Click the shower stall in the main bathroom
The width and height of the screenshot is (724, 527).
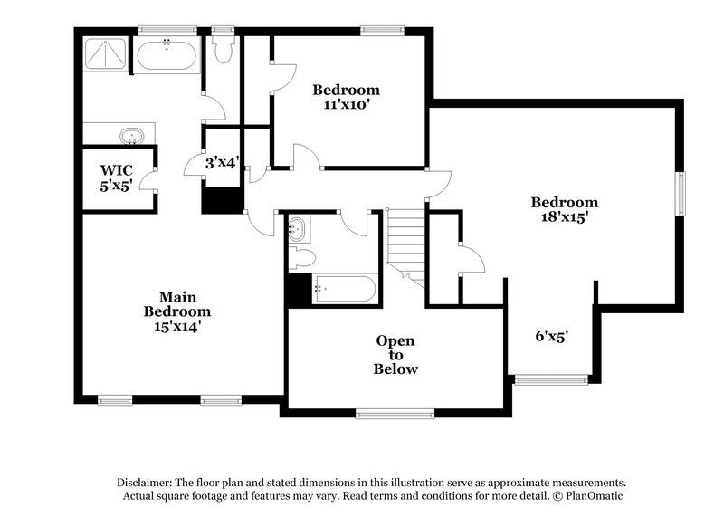(x=107, y=54)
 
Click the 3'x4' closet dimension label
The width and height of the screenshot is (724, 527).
(x=222, y=163)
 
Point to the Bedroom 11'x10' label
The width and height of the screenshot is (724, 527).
(x=347, y=97)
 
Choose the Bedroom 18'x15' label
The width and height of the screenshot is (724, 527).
(x=565, y=210)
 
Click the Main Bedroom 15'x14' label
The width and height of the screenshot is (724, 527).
(x=177, y=311)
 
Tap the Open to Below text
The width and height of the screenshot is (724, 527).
(x=396, y=355)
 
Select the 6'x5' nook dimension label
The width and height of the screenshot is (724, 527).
(x=552, y=336)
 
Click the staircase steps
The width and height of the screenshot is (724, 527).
(x=406, y=244)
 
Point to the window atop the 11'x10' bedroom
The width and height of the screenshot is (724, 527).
(x=380, y=31)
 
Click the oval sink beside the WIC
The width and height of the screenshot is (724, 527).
(x=132, y=136)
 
